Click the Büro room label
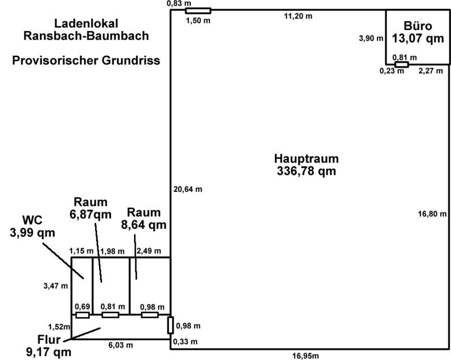418,26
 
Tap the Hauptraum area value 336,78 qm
306,171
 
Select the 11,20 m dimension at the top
298,16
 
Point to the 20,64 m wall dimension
188,189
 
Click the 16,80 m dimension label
432,214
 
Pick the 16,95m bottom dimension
305,356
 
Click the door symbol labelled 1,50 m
198,11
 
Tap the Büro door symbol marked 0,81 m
402,64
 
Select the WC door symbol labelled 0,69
83,315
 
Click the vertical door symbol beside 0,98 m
171,326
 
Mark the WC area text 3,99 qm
32,233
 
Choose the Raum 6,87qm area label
91,208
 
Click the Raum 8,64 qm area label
144,219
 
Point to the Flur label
49,340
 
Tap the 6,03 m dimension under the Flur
121,345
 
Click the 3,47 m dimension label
56,286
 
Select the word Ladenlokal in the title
86,23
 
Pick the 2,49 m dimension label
149,251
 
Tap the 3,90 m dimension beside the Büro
371,38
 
